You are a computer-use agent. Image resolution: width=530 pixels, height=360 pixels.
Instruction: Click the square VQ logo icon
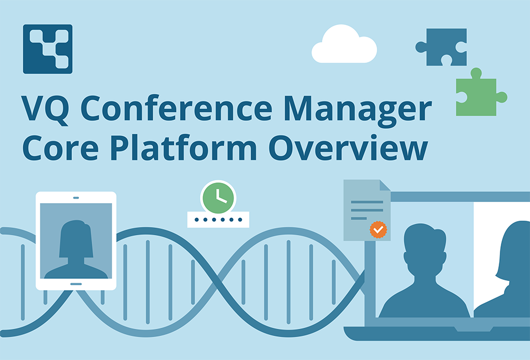coord(48,49)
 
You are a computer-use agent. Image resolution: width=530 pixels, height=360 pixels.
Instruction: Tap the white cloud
coord(344,45)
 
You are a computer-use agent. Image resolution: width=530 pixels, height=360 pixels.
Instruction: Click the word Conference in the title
coord(176,109)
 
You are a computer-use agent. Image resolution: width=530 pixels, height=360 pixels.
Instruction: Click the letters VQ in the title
coord(46,110)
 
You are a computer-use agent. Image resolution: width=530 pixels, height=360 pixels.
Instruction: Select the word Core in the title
coord(60,148)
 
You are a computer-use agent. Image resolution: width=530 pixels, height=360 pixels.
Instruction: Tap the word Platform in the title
coord(183,147)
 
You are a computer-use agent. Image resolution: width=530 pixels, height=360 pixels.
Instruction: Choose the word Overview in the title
coord(348,147)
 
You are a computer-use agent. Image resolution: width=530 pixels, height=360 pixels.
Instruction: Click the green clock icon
coord(218,197)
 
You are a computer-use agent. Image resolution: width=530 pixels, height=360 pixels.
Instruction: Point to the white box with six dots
coord(218,219)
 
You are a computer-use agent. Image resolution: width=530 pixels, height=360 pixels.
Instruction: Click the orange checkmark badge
coord(378,230)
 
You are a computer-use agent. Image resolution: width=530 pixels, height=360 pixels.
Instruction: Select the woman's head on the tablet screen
coord(76,239)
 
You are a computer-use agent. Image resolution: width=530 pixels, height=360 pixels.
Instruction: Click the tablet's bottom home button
coord(76,284)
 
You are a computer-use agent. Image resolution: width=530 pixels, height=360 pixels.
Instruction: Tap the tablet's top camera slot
coord(76,198)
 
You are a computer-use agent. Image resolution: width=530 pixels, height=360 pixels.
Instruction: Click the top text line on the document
coord(367,202)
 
